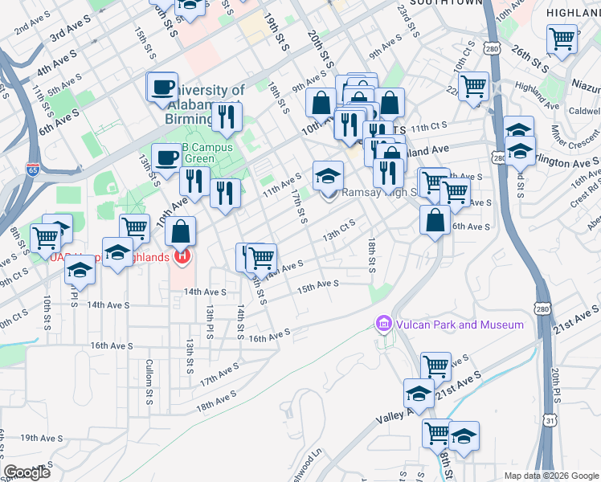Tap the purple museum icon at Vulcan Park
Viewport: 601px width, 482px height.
pos(383,324)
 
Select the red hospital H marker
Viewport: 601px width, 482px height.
pos(182,256)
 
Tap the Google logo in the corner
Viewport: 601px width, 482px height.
pos(27,472)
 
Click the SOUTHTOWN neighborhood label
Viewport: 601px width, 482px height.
pos(446,3)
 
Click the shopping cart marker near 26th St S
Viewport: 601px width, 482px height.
pos(562,38)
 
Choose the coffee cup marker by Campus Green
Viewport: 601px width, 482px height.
pos(167,157)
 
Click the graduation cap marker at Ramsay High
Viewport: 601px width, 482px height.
pos(328,177)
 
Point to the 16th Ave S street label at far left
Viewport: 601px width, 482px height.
pos(110,345)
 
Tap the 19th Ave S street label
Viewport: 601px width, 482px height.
pos(41,438)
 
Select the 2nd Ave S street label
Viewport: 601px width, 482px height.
pos(29,27)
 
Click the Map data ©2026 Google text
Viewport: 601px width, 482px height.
pos(550,475)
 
